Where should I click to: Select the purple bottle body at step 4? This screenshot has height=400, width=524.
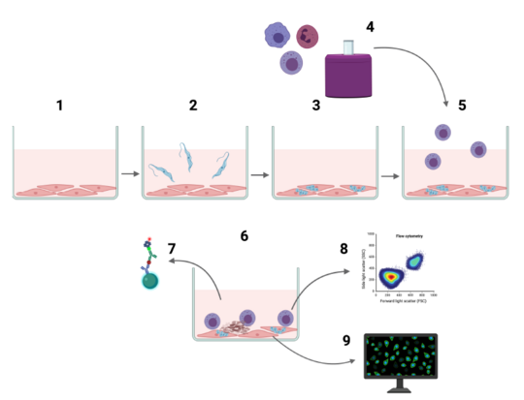[x=346, y=76]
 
